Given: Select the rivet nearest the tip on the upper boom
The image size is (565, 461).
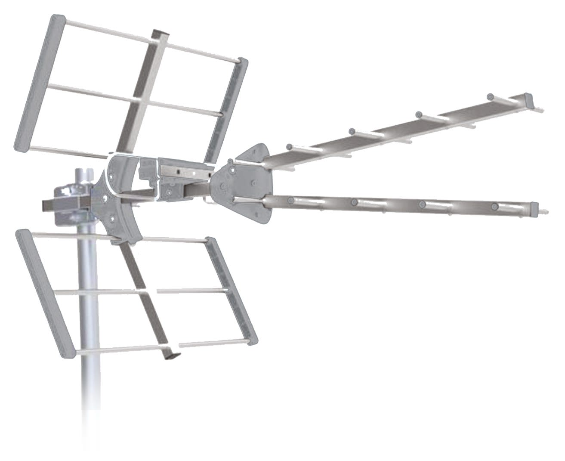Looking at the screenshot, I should coord(490,96).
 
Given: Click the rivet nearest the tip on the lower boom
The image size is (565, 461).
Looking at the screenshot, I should coord(495,207).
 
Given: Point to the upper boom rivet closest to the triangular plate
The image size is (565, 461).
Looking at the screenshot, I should coord(290,146).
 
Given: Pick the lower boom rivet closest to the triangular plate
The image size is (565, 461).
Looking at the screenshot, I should coord(291,200).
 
